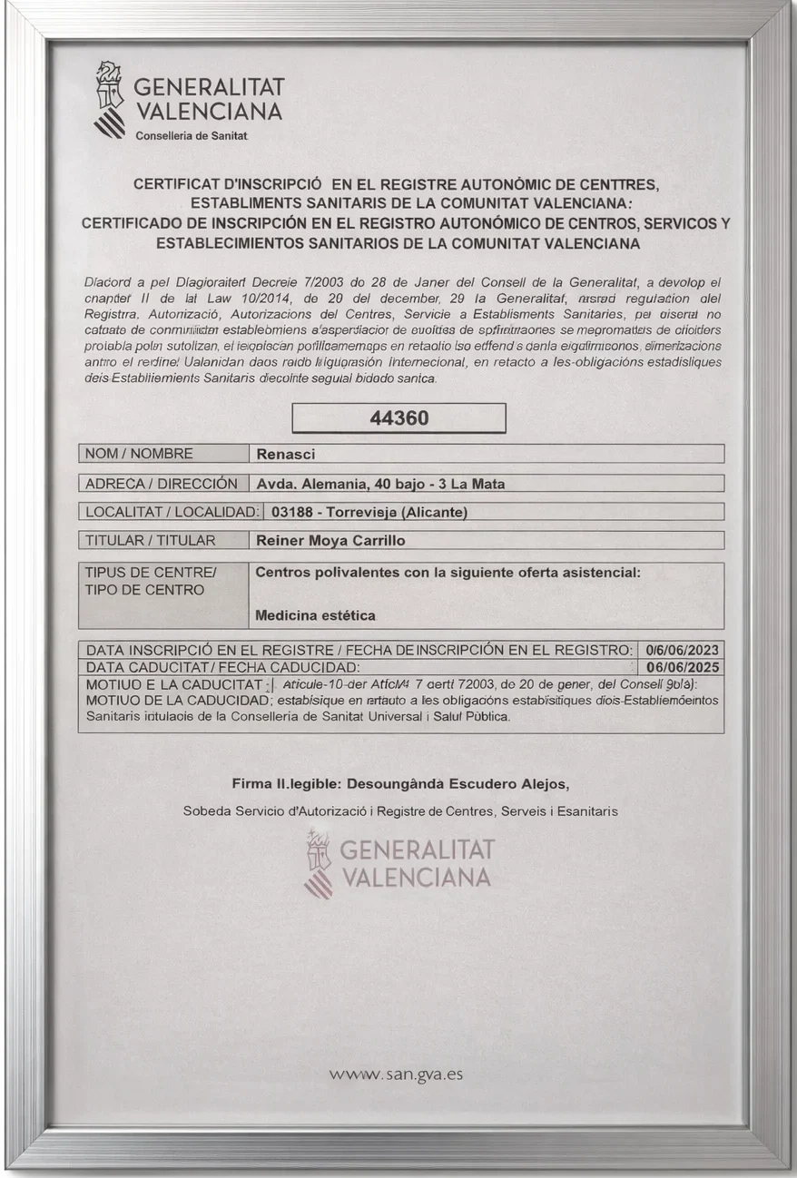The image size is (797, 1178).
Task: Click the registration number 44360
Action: point(398,418)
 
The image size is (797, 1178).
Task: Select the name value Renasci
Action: point(285,454)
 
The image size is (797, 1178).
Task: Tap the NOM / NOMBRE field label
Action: point(139,454)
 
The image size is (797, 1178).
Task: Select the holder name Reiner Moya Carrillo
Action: point(330,541)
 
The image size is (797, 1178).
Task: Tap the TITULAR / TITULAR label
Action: point(150,541)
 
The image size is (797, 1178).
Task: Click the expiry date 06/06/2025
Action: point(683,667)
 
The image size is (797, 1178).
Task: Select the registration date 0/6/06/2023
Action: point(683,650)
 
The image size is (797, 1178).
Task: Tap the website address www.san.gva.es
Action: point(397,1074)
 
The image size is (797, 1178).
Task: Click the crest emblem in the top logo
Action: point(111,100)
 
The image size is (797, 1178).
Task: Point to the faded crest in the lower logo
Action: point(318,862)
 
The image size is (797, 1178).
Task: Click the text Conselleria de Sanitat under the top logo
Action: point(191,136)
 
